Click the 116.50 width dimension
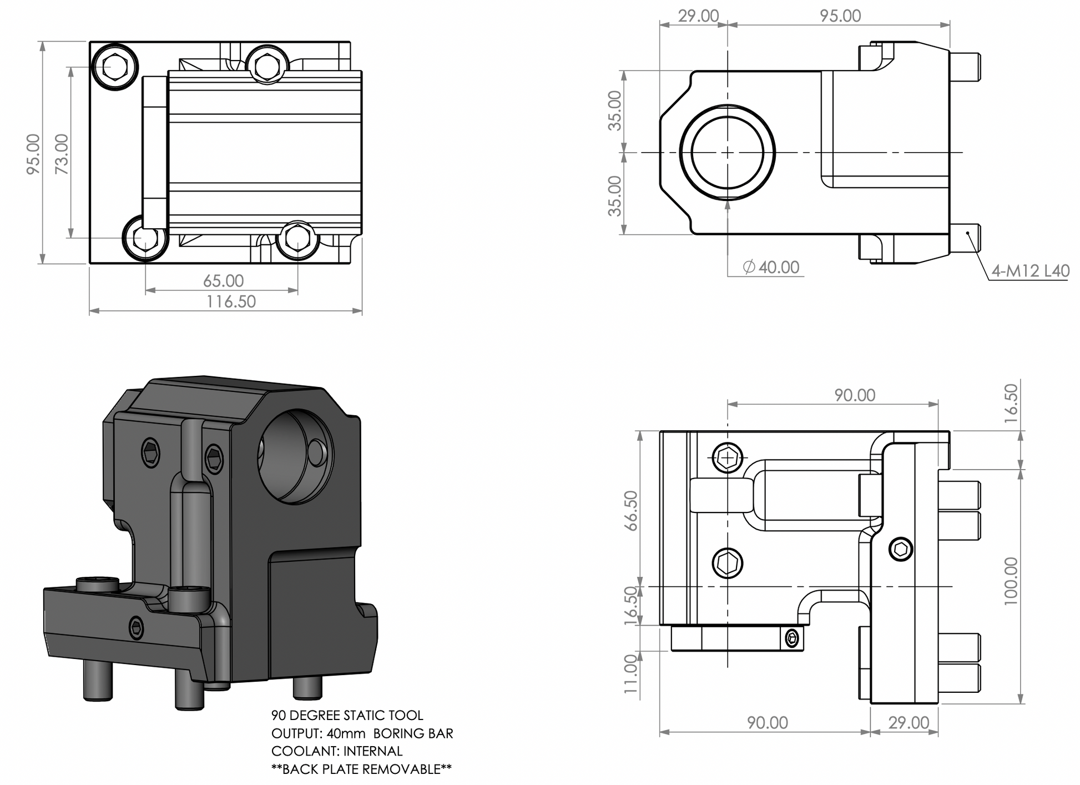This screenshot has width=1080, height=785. (231, 301)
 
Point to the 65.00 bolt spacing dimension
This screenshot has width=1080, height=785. (223, 280)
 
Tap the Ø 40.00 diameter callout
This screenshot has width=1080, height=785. (771, 267)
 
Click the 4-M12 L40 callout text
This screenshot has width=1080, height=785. (1031, 271)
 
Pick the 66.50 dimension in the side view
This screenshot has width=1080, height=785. (632, 510)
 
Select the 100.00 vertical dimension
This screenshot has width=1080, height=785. (1011, 581)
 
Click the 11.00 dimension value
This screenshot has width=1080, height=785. (630, 673)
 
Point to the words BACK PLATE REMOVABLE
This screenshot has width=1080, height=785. (361, 769)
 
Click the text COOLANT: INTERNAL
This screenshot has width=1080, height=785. (337, 751)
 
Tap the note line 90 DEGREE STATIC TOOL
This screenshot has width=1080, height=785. (347, 715)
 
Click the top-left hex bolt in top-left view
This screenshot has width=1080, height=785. (114, 67)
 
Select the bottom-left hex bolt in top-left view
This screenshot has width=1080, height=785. (145, 238)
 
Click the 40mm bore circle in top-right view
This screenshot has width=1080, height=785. (727, 152)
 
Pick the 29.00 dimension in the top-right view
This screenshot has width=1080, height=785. (698, 16)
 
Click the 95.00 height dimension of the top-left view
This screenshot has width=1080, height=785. (33, 154)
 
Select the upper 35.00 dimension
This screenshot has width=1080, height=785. (615, 110)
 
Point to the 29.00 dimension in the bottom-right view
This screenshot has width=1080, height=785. (909, 722)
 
